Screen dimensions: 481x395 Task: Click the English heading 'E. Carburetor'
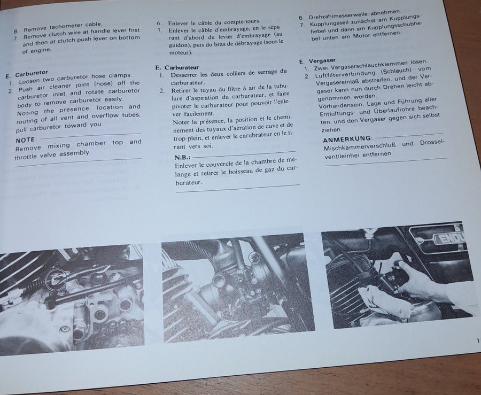coord(27,74)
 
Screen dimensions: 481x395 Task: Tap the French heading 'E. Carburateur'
coord(177,67)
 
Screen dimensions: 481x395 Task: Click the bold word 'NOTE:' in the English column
coord(26,140)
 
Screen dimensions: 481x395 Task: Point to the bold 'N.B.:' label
coord(183,158)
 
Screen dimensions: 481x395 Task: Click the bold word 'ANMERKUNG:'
coord(348,139)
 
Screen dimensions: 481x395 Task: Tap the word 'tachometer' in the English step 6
coord(66,26)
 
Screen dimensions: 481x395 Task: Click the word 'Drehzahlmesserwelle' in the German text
coord(338,15)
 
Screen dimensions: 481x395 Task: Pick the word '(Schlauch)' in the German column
coord(396,72)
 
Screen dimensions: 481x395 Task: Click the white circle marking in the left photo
coord(56,279)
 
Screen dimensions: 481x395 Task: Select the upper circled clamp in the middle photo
coord(254,257)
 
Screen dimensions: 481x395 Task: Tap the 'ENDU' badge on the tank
coord(449,237)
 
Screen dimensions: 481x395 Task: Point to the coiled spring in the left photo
coord(30,288)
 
